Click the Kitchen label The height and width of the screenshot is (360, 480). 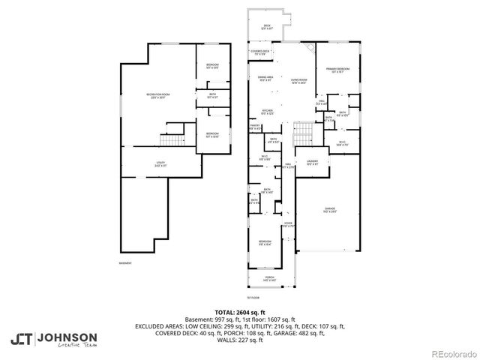(x=267, y=112)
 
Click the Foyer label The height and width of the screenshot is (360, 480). (x=288, y=224)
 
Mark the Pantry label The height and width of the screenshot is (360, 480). (x=255, y=127)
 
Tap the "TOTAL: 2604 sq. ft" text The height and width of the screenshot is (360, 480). (x=239, y=312)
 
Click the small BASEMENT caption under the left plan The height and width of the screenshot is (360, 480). (x=124, y=263)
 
